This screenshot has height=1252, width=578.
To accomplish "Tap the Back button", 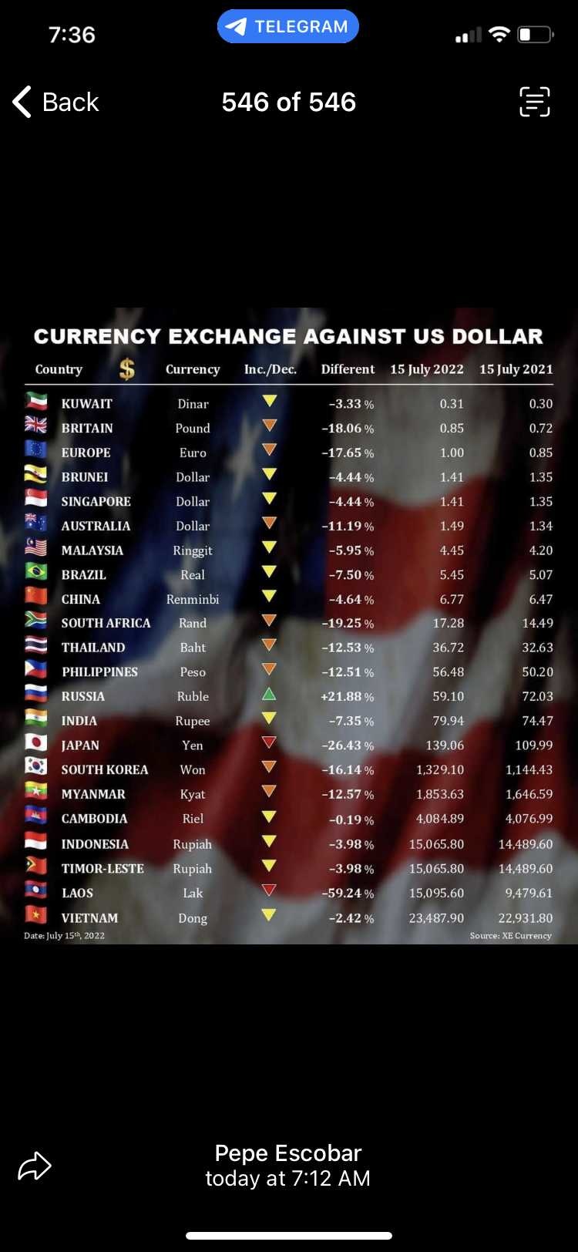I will coord(56,102).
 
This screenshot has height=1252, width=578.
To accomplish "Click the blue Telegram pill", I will coord(288,26).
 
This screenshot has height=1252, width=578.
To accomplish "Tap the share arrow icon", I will coord(35,1165).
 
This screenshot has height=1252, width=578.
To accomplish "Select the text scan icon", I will coord(534,102).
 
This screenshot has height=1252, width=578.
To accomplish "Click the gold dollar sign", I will coord(127,370).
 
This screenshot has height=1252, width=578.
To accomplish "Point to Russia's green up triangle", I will coord(269,695).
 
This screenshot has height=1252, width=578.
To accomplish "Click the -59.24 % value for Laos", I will coord(348,893).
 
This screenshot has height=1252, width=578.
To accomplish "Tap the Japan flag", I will coord(36,743).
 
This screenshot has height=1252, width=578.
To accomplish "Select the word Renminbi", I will coord(193,599).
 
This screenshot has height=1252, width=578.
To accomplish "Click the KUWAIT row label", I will coord(87,403).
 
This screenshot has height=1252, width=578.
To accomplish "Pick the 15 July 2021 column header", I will coord(516,369).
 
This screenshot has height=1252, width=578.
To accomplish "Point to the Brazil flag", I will coord(36,573).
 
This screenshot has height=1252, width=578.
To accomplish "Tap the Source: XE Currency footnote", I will coord(510,935).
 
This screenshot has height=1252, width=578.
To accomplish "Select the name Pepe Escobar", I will coord(287,1153).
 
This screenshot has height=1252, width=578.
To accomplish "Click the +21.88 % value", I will coord(348,696).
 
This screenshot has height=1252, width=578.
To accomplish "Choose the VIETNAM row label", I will coord(89,917).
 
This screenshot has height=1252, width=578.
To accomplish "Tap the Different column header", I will coord(348,369).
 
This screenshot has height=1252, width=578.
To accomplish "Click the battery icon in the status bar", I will coord(536,35).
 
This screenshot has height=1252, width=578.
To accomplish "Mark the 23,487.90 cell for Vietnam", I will coord(435,917).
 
